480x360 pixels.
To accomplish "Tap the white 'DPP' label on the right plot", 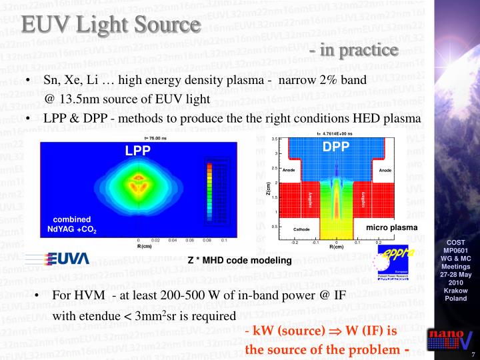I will click(336, 147).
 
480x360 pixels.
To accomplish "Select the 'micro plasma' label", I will click(392, 228).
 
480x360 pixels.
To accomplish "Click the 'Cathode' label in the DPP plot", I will click(302, 229).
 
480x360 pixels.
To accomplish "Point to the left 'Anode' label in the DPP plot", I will click(289, 171).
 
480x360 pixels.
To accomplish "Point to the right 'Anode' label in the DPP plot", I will click(385, 171).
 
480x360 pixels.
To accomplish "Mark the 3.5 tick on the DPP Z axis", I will click(274, 139).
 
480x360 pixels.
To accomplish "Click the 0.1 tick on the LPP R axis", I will click(224, 240).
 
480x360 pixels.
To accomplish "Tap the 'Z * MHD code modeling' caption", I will click(240, 261).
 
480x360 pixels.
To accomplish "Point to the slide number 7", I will click(473, 354).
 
